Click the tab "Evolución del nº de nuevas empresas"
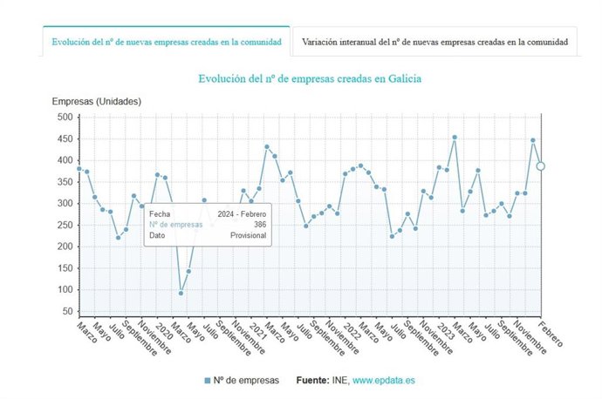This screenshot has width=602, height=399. [x=166, y=42]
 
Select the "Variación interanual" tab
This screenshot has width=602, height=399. [x=435, y=42]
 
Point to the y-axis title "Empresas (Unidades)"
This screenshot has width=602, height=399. [x=97, y=102]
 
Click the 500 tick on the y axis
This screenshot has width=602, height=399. [x=65, y=117]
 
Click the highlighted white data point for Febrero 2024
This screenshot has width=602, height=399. [x=541, y=166]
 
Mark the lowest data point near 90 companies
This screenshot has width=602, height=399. [x=181, y=293]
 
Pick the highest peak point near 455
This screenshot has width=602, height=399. [x=455, y=137]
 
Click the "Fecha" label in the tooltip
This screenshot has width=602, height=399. [x=160, y=213]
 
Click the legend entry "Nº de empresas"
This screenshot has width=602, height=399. [x=242, y=381]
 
